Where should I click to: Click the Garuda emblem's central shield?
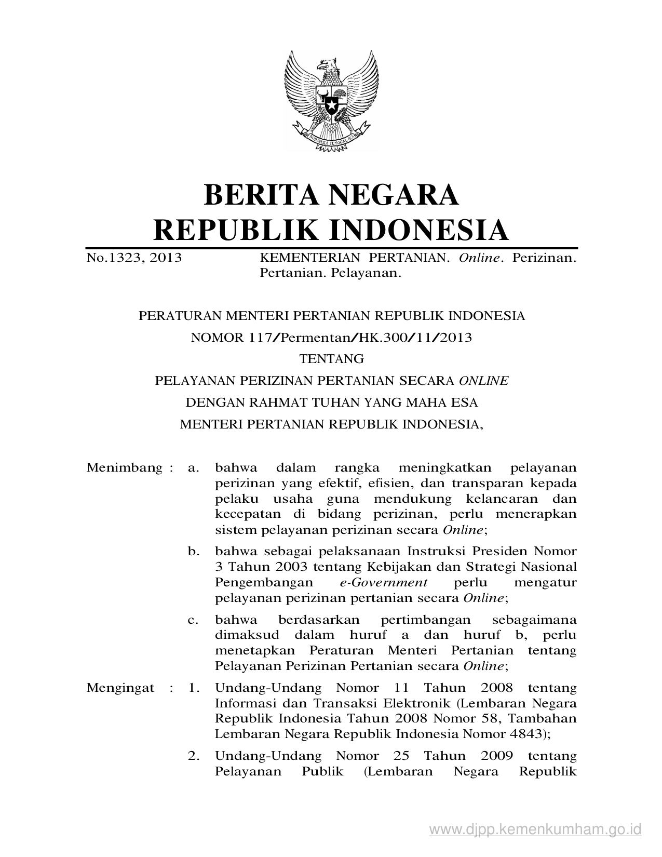click(x=330, y=101)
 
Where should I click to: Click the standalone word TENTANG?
click(x=331, y=359)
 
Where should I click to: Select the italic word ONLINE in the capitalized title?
click(x=483, y=381)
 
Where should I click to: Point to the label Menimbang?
click(x=125, y=467)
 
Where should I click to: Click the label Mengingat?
click(x=120, y=688)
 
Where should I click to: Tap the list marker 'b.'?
click(x=193, y=551)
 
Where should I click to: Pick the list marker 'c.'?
click(x=193, y=620)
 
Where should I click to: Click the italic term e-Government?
click(x=380, y=582)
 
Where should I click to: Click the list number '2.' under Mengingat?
click(x=194, y=756)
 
